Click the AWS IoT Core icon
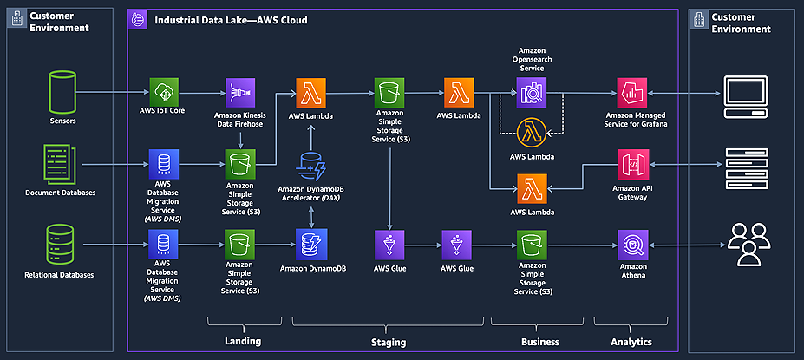pyautogui.click(x=163, y=92)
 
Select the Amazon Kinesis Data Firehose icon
pyautogui.click(x=239, y=92)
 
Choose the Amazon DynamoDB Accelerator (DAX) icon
pyautogui.click(x=310, y=165)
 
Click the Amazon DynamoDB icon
pyautogui.click(x=310, y=244)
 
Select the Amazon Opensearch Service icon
pyautogui.click(x=530, y=92)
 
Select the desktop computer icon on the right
pyautogui.click(x=746, y=92)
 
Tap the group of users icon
pyautogui.click(x=748, y=244)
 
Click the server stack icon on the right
pyautogui.click(x=747, y=165)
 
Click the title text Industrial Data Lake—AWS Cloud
pyautogui.click(x=230, y=19)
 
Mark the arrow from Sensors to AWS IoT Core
pyautogui.click(x=113, y=92)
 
